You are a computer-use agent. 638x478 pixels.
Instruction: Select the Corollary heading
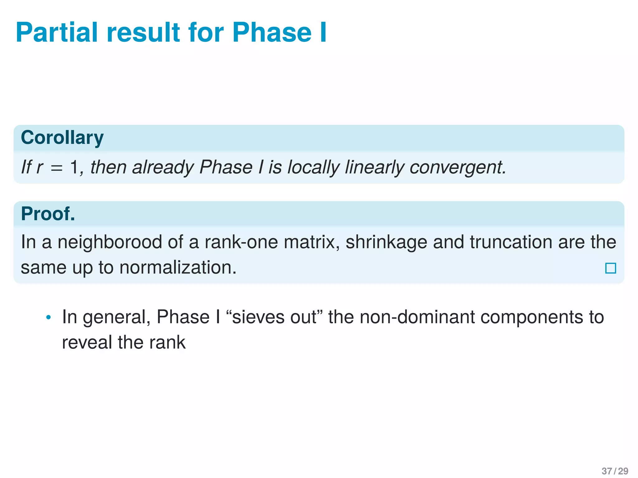62,138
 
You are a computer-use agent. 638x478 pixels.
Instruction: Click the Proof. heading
48,214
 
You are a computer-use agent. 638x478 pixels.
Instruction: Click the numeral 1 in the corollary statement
74,167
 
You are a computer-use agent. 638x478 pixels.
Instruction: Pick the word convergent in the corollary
458,167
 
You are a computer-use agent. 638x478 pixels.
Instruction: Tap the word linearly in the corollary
374,167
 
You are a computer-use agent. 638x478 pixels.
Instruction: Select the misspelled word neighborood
110,242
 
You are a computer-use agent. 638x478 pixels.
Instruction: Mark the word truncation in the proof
511,242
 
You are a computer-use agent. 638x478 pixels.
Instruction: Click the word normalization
178,267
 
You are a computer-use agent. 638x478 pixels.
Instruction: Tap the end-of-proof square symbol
610,268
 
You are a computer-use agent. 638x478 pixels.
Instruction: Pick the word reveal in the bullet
87,342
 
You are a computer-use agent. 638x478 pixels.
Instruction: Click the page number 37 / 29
615,471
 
